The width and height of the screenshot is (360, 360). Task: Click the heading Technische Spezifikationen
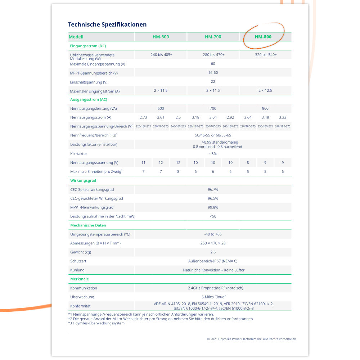point(107,24)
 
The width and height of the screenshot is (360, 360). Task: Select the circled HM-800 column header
point(263,37)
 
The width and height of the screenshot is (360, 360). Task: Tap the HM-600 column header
point(161,37)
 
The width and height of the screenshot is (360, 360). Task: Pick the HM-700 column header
point(213,37)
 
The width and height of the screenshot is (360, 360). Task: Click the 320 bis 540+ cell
point(266,55)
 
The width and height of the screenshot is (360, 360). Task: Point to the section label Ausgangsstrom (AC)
point(89,99)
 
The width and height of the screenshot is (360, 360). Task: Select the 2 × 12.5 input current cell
point(265,90)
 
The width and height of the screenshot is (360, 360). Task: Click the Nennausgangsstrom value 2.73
point(143,117)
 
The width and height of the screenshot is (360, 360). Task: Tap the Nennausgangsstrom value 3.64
point(248,117)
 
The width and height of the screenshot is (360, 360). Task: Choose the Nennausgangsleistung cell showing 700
point(213,108)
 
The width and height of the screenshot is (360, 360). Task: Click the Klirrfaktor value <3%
point(213,153)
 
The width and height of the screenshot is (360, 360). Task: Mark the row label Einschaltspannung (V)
point(89,82)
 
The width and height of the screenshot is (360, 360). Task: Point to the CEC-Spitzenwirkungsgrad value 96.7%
point(213,189)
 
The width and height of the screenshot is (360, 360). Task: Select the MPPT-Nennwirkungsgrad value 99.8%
point(213,207)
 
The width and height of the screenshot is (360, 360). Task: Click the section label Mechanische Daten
point(88,225)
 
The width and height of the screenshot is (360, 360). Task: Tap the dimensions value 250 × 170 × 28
point(213,243)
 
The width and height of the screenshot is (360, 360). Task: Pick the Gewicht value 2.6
point(213,252)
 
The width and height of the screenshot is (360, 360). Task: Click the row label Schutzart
point(78,261)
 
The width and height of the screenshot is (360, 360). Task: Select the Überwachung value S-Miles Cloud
point(213,297)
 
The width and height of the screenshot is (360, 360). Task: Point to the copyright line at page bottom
point(252,339)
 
